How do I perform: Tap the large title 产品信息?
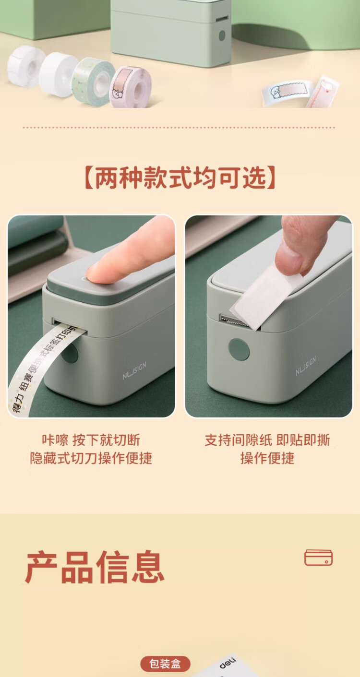point(95,567)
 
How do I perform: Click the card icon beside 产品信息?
point(318,558)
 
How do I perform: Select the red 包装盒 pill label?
point(165,664)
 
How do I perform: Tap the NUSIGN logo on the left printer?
point(134,370)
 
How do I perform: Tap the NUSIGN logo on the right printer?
point(306,366)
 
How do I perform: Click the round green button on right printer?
point(239,349)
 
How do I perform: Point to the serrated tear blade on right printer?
point(235,321)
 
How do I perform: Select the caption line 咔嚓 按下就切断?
point(91,440)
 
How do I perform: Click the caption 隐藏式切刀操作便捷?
point(91,458)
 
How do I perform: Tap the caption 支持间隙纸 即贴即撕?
point(267,440)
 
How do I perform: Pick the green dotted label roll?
point(93,82)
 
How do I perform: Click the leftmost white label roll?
point(26,67)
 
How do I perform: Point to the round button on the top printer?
point(222,36)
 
